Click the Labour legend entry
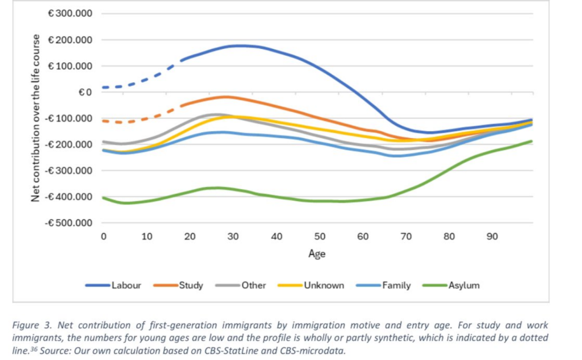tap(126, 285)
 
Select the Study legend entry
tap(191, 285)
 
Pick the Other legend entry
tap(254, 285)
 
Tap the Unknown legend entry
tap(324, 285)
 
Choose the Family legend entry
tap(396, 285)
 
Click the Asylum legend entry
tap(464, 285)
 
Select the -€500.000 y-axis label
tap(68, 223)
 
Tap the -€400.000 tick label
tap(68, 197)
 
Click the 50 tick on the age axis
tap(320, 236)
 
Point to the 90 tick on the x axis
tap(492, 236)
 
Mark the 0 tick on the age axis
tap(104, 236)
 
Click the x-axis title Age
tap(317, 254)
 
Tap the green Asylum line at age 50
tap(320, 201)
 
